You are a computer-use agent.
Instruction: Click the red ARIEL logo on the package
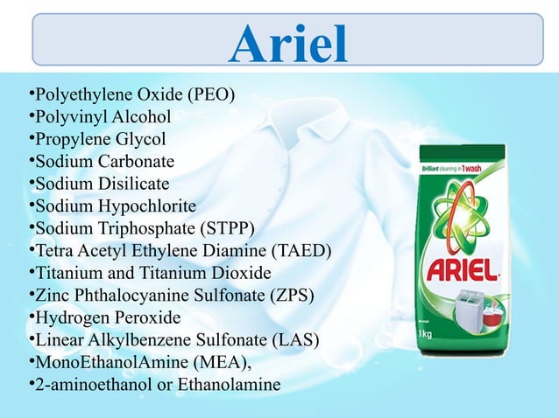461,264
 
